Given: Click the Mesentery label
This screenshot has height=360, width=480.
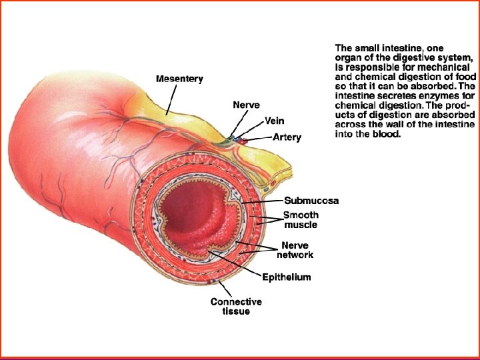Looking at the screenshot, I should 179,79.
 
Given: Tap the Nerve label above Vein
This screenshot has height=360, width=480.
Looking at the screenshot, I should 246,105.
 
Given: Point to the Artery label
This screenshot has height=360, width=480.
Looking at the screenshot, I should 287,137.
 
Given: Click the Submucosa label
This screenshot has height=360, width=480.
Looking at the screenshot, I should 311,201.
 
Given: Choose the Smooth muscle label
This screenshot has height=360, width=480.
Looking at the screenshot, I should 301,220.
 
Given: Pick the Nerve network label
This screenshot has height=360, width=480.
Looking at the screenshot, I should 295,250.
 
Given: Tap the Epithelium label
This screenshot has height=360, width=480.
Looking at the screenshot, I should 286,277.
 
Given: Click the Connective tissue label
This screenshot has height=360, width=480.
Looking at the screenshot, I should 236,307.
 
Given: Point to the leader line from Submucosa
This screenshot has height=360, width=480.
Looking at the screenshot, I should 263,201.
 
